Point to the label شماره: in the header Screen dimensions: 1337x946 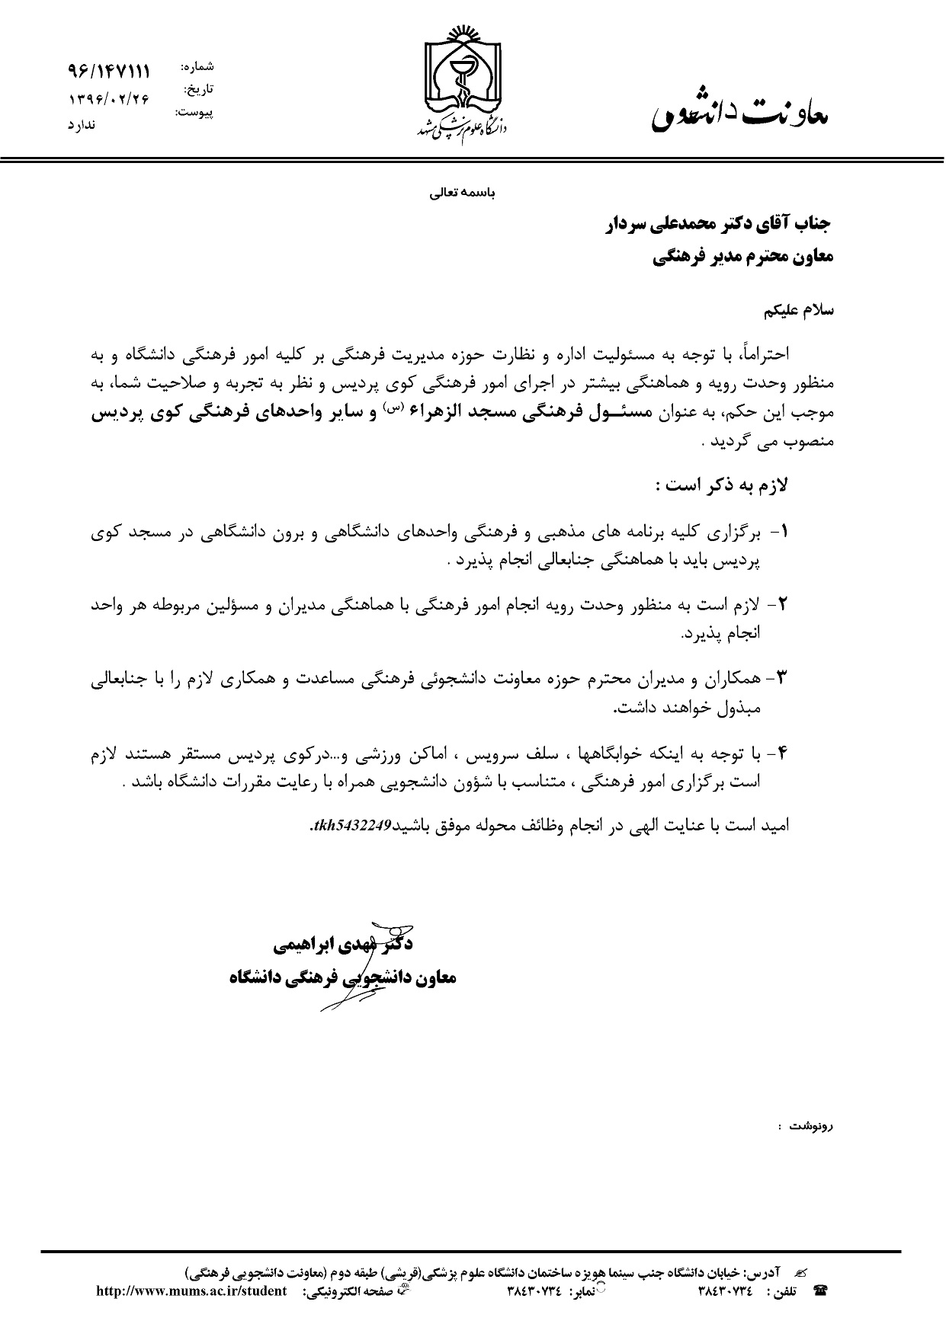click(x=197, y=67)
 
